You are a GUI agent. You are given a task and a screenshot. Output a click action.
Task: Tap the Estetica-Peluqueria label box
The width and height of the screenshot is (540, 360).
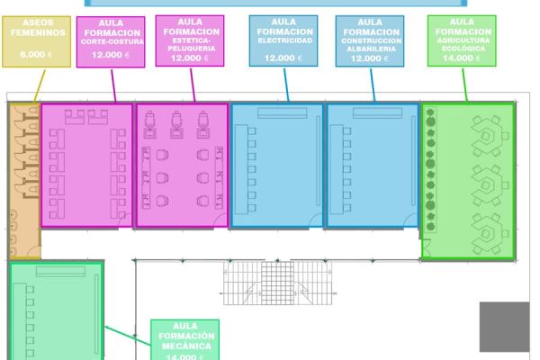pyautogui.click(x=190, y=40)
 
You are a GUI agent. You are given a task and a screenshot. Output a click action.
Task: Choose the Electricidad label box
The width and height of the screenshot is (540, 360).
pyautogui.click(x=284, y=40)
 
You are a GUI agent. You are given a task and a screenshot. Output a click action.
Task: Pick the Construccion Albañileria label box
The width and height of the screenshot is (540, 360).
pyautogui.click(x=372, y=40)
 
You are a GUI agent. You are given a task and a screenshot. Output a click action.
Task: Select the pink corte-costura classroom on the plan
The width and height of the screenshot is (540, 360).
pyautogui.click(x=86, y=166)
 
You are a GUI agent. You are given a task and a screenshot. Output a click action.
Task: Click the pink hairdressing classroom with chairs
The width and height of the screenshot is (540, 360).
pyautogui.click(x=183, y=166)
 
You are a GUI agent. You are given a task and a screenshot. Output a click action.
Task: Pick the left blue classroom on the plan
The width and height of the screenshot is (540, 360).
pyautogui.click(x=276, y=166)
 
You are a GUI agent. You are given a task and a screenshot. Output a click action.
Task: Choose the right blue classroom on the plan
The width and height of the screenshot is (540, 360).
pyautogui.click(x=372, y=166)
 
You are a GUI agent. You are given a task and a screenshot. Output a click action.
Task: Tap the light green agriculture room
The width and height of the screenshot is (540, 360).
pyautogui.click(x=468, y=180)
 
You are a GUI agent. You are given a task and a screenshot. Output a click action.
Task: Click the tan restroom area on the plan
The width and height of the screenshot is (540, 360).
pyautogui.click(x=23, y=180)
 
